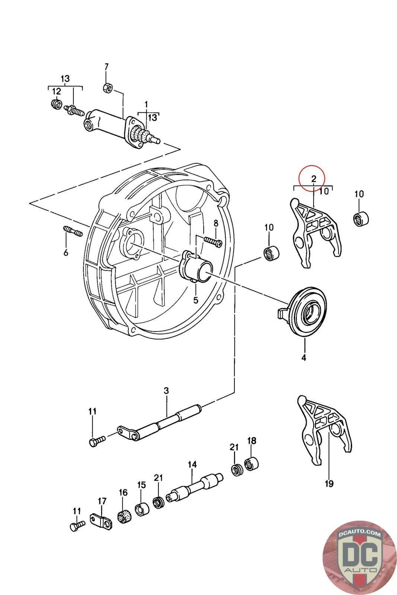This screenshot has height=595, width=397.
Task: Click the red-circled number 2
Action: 314,178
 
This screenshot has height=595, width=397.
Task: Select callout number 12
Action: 56,91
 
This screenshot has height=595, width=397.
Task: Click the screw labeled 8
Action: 213,241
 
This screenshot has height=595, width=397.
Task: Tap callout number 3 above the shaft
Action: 166,391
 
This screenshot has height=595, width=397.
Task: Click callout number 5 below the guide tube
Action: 196,300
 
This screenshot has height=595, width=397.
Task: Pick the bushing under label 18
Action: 252,463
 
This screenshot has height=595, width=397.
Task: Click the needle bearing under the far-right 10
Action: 361,218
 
